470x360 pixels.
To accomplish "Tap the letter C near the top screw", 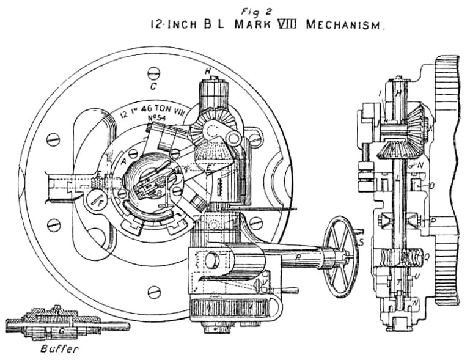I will pos(155,86).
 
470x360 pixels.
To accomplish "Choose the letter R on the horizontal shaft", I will pos(298,257).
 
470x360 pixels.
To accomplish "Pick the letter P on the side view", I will pos(433,219).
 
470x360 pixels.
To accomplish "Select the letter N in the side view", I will pos(420,165).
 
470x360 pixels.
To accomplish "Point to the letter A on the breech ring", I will pos(124,162).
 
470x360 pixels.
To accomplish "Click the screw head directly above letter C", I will pos(154,73).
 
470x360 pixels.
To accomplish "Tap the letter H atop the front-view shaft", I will pos(207,72).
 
